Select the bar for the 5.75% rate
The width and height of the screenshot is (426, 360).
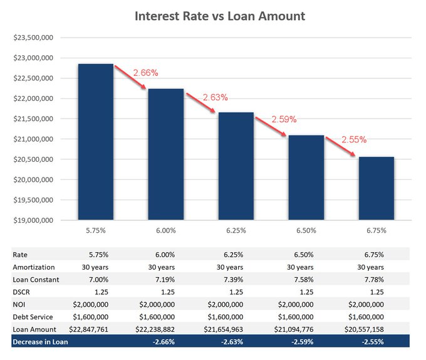coord(95,141)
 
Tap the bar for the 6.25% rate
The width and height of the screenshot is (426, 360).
coord(236,166)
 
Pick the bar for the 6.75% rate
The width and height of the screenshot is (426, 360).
coord(376,188)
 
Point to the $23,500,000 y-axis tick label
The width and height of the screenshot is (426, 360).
coord(33,38)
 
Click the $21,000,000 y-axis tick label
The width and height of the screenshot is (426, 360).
coord(33,139)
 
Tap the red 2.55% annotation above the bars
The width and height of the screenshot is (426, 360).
coord(355,140)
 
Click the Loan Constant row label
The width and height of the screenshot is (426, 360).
coord(36,279)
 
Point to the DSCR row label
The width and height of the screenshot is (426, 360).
coord(22,292)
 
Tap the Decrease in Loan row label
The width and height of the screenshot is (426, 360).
coord(40,342)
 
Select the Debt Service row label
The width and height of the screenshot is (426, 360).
coord(33,317)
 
